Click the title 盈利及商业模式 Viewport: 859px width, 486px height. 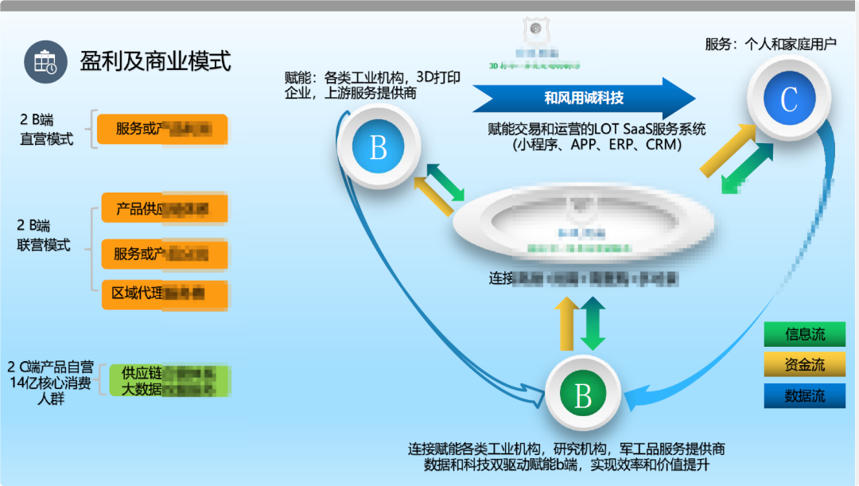(x=155, y=60)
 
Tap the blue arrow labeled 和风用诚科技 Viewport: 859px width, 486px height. (x=584, y=98)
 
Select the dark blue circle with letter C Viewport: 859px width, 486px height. (x=788, y=99)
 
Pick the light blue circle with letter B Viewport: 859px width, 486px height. (x=378, y=146)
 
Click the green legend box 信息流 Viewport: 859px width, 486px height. (x=804, y=334)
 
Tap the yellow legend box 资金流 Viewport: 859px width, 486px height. (x=804, y=365)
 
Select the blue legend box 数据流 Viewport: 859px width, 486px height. (x=804, y=396)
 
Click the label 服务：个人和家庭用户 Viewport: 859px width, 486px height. (x=771, y=44)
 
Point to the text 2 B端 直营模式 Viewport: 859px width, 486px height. (x=46, y=130)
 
